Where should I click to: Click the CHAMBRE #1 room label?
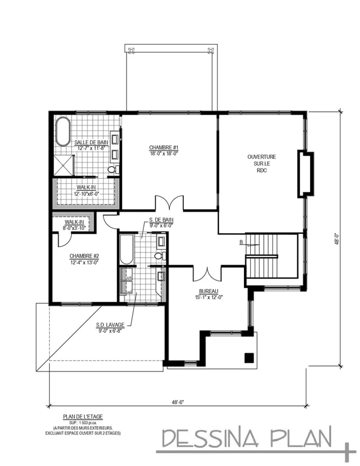[x=162, y=147]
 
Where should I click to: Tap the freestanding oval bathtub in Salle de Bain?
[x=62, y=132]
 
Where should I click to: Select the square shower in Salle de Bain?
[x=64, y=164]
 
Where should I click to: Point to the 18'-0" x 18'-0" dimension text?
[x=162, y=153]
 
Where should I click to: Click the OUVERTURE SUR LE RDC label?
[x=261, y=163]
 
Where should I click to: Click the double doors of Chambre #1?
[x=169, y=203]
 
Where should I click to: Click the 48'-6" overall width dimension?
[x=178, y=402]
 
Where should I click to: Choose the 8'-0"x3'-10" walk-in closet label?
[x=74, y=228]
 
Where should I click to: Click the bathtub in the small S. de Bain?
[x=126, y=249]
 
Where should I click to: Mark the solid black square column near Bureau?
[x=249, y=358]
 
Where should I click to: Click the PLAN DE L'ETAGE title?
[x=82, y=416]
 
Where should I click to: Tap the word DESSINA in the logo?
[x=209, y=439]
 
